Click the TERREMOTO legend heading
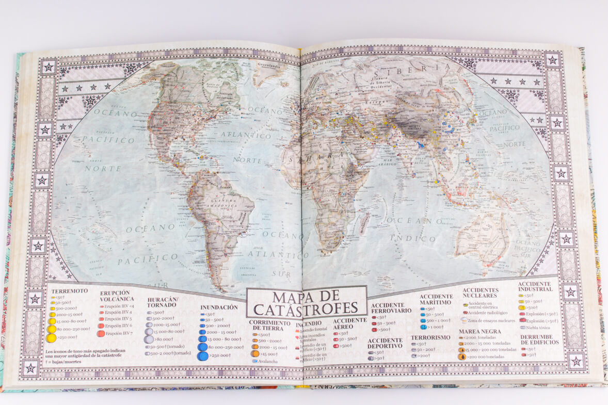tap(69, 290)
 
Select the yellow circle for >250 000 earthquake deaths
tap(51, 338)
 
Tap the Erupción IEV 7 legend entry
tap(115, 333)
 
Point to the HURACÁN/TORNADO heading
tap(163, 302)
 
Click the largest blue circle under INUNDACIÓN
tap(203, 355)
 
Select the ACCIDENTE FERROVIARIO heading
tap(391, 308)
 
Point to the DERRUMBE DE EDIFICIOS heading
tap(540, 339)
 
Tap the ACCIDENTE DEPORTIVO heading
tap(385, 343)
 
